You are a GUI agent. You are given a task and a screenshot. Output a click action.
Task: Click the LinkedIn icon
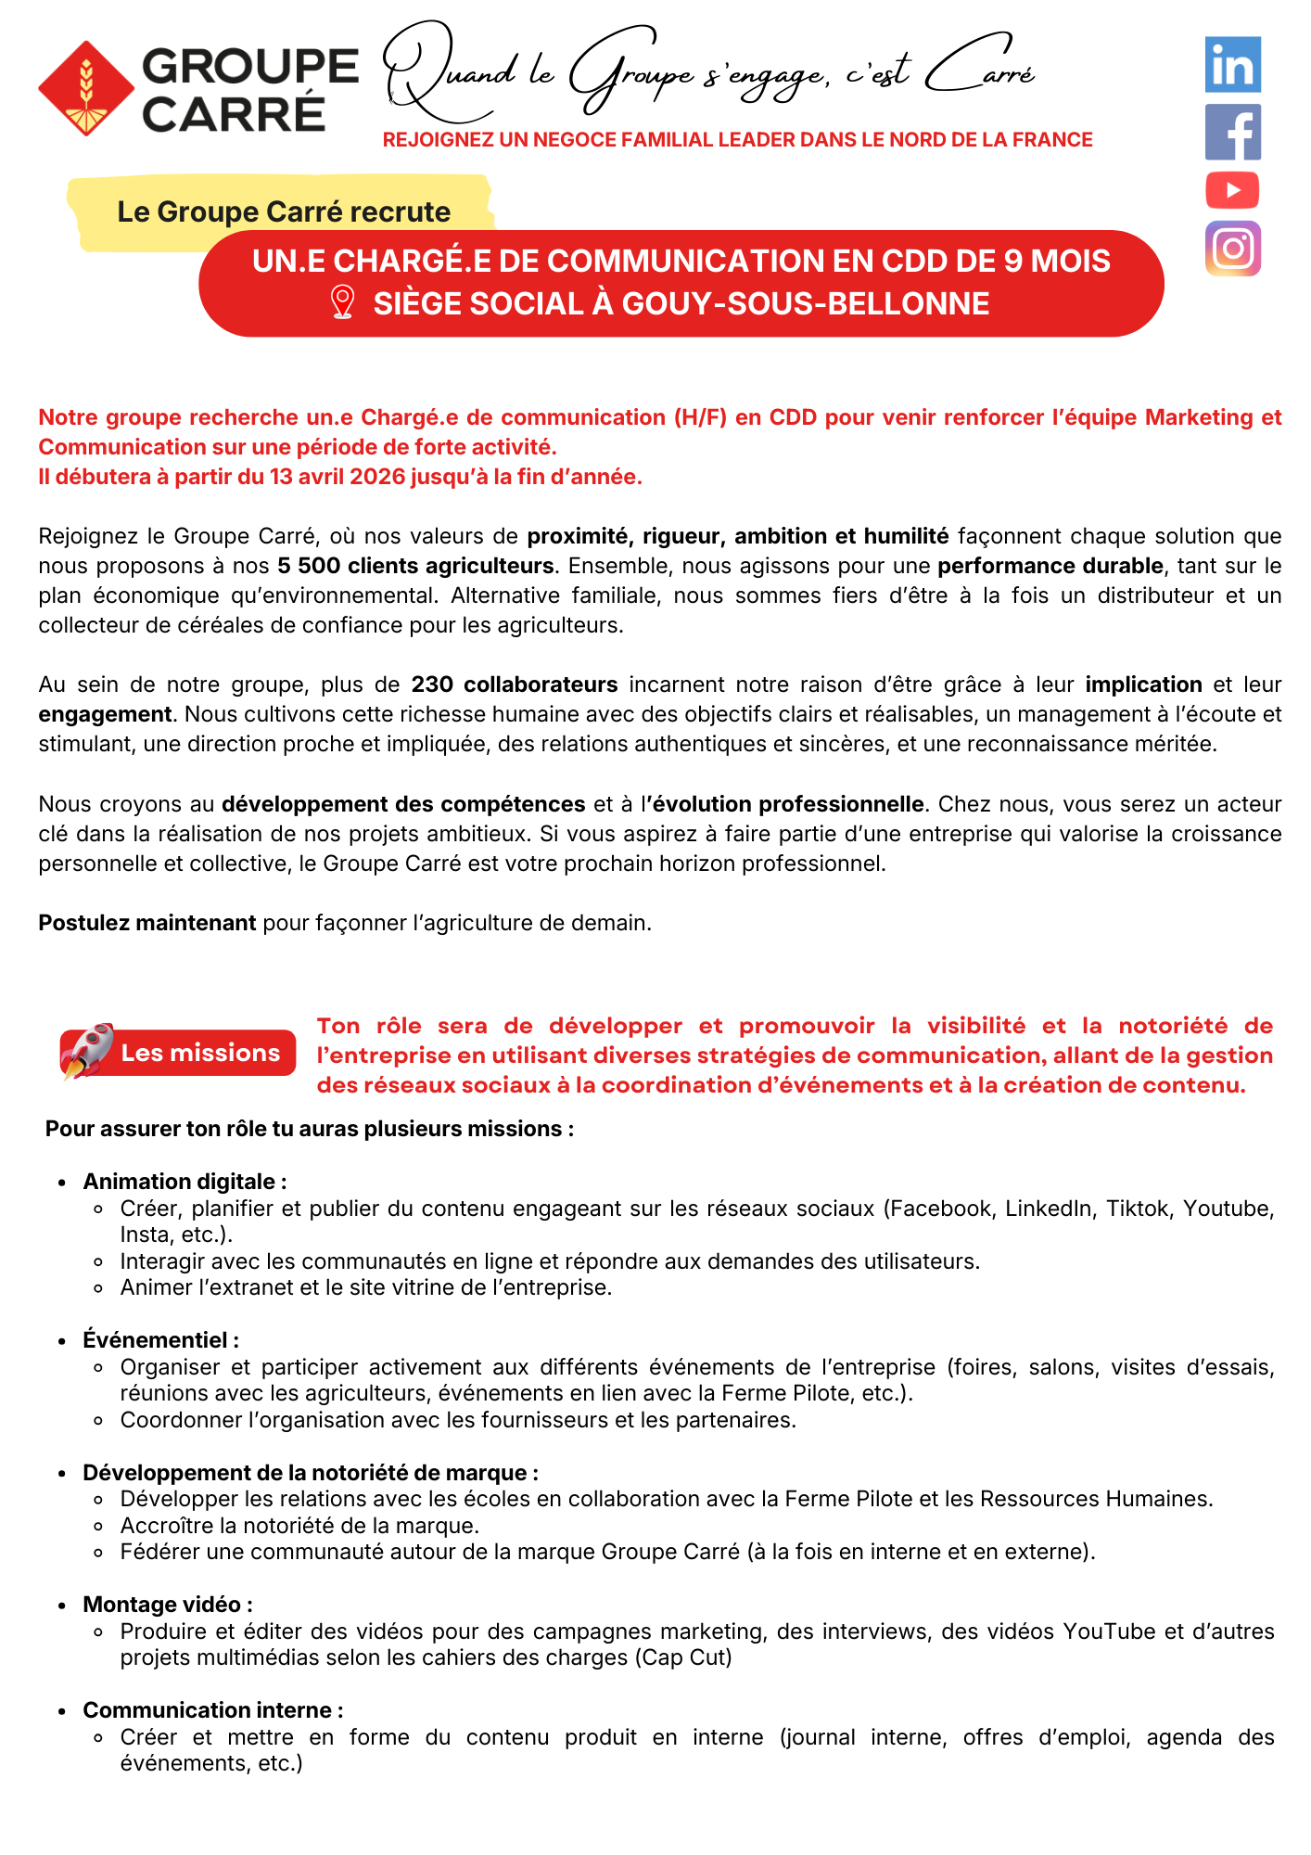coord(1232,64)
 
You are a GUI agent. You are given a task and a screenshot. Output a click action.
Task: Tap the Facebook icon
coord(1232,132)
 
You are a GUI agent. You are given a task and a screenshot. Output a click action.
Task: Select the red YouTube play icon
coord(1232,190)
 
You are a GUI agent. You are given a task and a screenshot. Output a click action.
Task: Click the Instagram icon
coord(1232,249)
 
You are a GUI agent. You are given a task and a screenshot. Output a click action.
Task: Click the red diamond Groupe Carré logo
coord(86,88)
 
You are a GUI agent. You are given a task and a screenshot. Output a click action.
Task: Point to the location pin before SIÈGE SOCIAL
coord(342,302)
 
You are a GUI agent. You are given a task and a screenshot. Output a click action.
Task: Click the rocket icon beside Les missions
coord(87,1051)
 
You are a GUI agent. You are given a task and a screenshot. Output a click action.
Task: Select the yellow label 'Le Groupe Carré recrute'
coord(284,211)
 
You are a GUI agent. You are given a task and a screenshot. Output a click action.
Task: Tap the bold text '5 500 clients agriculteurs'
coord(415,566)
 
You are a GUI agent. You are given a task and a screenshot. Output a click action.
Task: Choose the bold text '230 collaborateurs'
coord(515,684)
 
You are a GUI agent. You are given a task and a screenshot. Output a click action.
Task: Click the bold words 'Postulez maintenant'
coord(146,923)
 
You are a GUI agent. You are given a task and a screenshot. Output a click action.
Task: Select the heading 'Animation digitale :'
coord(185,1182)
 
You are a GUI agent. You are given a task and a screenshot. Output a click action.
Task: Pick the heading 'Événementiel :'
coord(160,1340)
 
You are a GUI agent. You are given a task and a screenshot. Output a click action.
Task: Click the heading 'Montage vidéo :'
coord(167,1605)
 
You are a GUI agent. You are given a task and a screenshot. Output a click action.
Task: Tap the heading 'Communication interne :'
coord(212,1710)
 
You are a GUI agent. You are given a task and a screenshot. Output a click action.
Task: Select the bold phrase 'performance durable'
coord(1050,566)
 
